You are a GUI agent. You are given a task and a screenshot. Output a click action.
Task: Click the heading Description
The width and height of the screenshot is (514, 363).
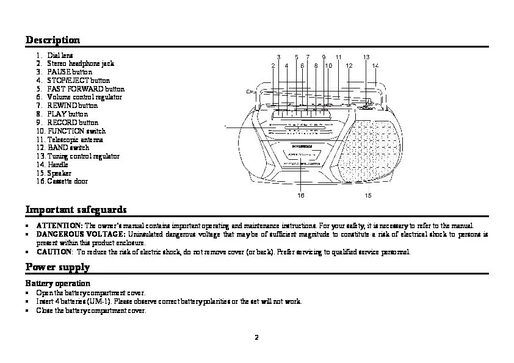52,40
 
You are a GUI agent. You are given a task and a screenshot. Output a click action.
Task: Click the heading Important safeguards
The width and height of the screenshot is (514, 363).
76,210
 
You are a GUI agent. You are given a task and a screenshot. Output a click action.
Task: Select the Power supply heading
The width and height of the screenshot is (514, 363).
57,267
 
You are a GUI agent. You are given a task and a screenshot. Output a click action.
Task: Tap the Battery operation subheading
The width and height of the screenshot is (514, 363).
57,283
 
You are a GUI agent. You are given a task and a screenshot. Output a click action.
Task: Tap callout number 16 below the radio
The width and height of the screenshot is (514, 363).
301,195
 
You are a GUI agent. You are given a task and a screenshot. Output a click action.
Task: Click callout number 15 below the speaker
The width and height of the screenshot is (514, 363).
368,195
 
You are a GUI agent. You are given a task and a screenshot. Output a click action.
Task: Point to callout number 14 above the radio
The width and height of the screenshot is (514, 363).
375,65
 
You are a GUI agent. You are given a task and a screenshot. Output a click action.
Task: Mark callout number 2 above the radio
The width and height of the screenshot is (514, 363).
273,65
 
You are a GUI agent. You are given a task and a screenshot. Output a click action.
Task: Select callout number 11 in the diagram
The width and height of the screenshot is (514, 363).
338,57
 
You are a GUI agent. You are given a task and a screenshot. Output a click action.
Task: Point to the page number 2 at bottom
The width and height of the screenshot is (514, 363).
257,337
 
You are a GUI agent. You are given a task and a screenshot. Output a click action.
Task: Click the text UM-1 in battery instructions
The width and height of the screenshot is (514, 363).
98,301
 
